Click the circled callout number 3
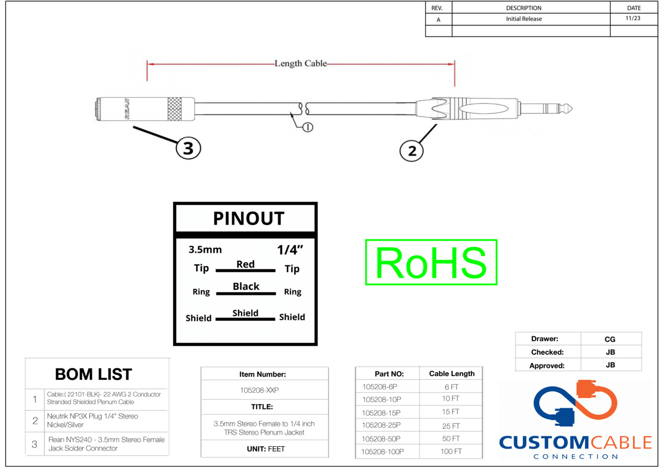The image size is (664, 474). coord(188,148)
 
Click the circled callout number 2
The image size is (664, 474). coord(412,151)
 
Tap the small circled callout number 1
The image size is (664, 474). coord(308,127)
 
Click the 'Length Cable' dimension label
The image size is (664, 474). coord(300,64)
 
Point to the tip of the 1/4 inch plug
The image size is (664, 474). coord(572,109)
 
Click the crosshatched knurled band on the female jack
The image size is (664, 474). coord(174,109)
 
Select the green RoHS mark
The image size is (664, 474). coord(431,263)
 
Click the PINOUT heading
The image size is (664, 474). coord(248,218)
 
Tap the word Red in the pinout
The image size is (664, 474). coord(246,264)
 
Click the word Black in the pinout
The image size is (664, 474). coord(246,287)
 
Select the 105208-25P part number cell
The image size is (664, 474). coord(381,425)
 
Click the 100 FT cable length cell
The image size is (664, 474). coord(451,451)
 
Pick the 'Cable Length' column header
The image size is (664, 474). coord(452,373)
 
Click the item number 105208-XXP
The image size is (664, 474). coord(260,390)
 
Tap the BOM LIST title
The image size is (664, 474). coord(94,374)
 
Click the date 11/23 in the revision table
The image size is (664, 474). coord(633,18)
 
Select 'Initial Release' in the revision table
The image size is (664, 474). coord(524,19)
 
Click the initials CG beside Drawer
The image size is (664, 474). coord(610,339)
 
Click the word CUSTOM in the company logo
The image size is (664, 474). coord(544,442)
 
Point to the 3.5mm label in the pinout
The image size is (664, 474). coord(205,250)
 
